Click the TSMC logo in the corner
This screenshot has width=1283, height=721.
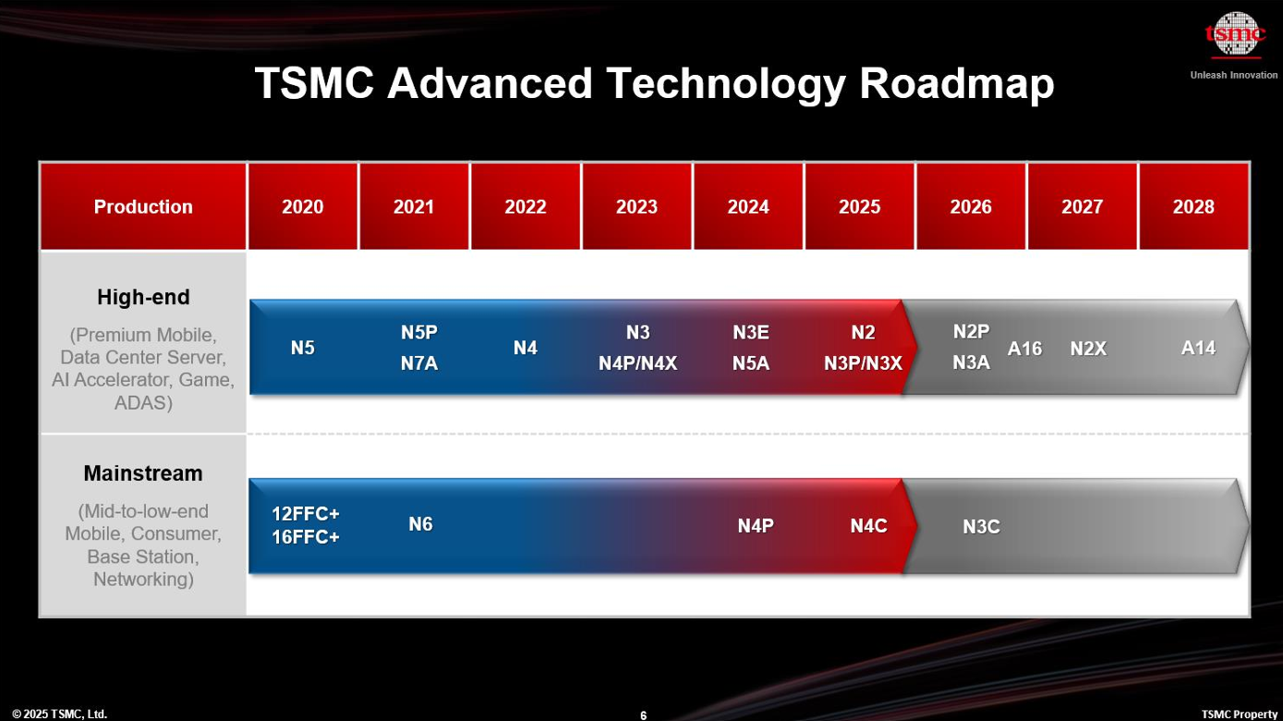point(1234,34)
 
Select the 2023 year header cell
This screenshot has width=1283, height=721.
point(636,206)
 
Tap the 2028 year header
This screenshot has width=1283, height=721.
point(1193,206)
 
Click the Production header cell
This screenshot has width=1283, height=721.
point(143,206)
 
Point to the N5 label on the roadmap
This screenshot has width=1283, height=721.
point(302,348)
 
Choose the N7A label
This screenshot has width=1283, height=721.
point(419,363)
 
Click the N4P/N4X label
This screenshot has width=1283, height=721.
point(637,363)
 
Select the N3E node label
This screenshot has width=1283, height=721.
point(751,333)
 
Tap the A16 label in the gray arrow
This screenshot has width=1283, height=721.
point(1024,348)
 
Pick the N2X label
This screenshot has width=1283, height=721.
point(1088,348)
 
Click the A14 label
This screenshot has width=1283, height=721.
point(1198,348)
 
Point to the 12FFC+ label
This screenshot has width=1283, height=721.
point(306,514)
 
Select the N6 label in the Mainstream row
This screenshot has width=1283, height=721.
point(420,524)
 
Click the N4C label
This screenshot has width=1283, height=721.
point(868,526)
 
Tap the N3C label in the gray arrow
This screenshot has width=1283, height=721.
point(981,527)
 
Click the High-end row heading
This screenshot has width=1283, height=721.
point(143,297)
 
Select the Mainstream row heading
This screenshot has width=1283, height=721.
point(143,473)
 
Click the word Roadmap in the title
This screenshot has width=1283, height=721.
point(957,83)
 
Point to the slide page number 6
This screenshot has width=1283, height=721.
point(643,715)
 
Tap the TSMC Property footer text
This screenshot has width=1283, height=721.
point(1240,715)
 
